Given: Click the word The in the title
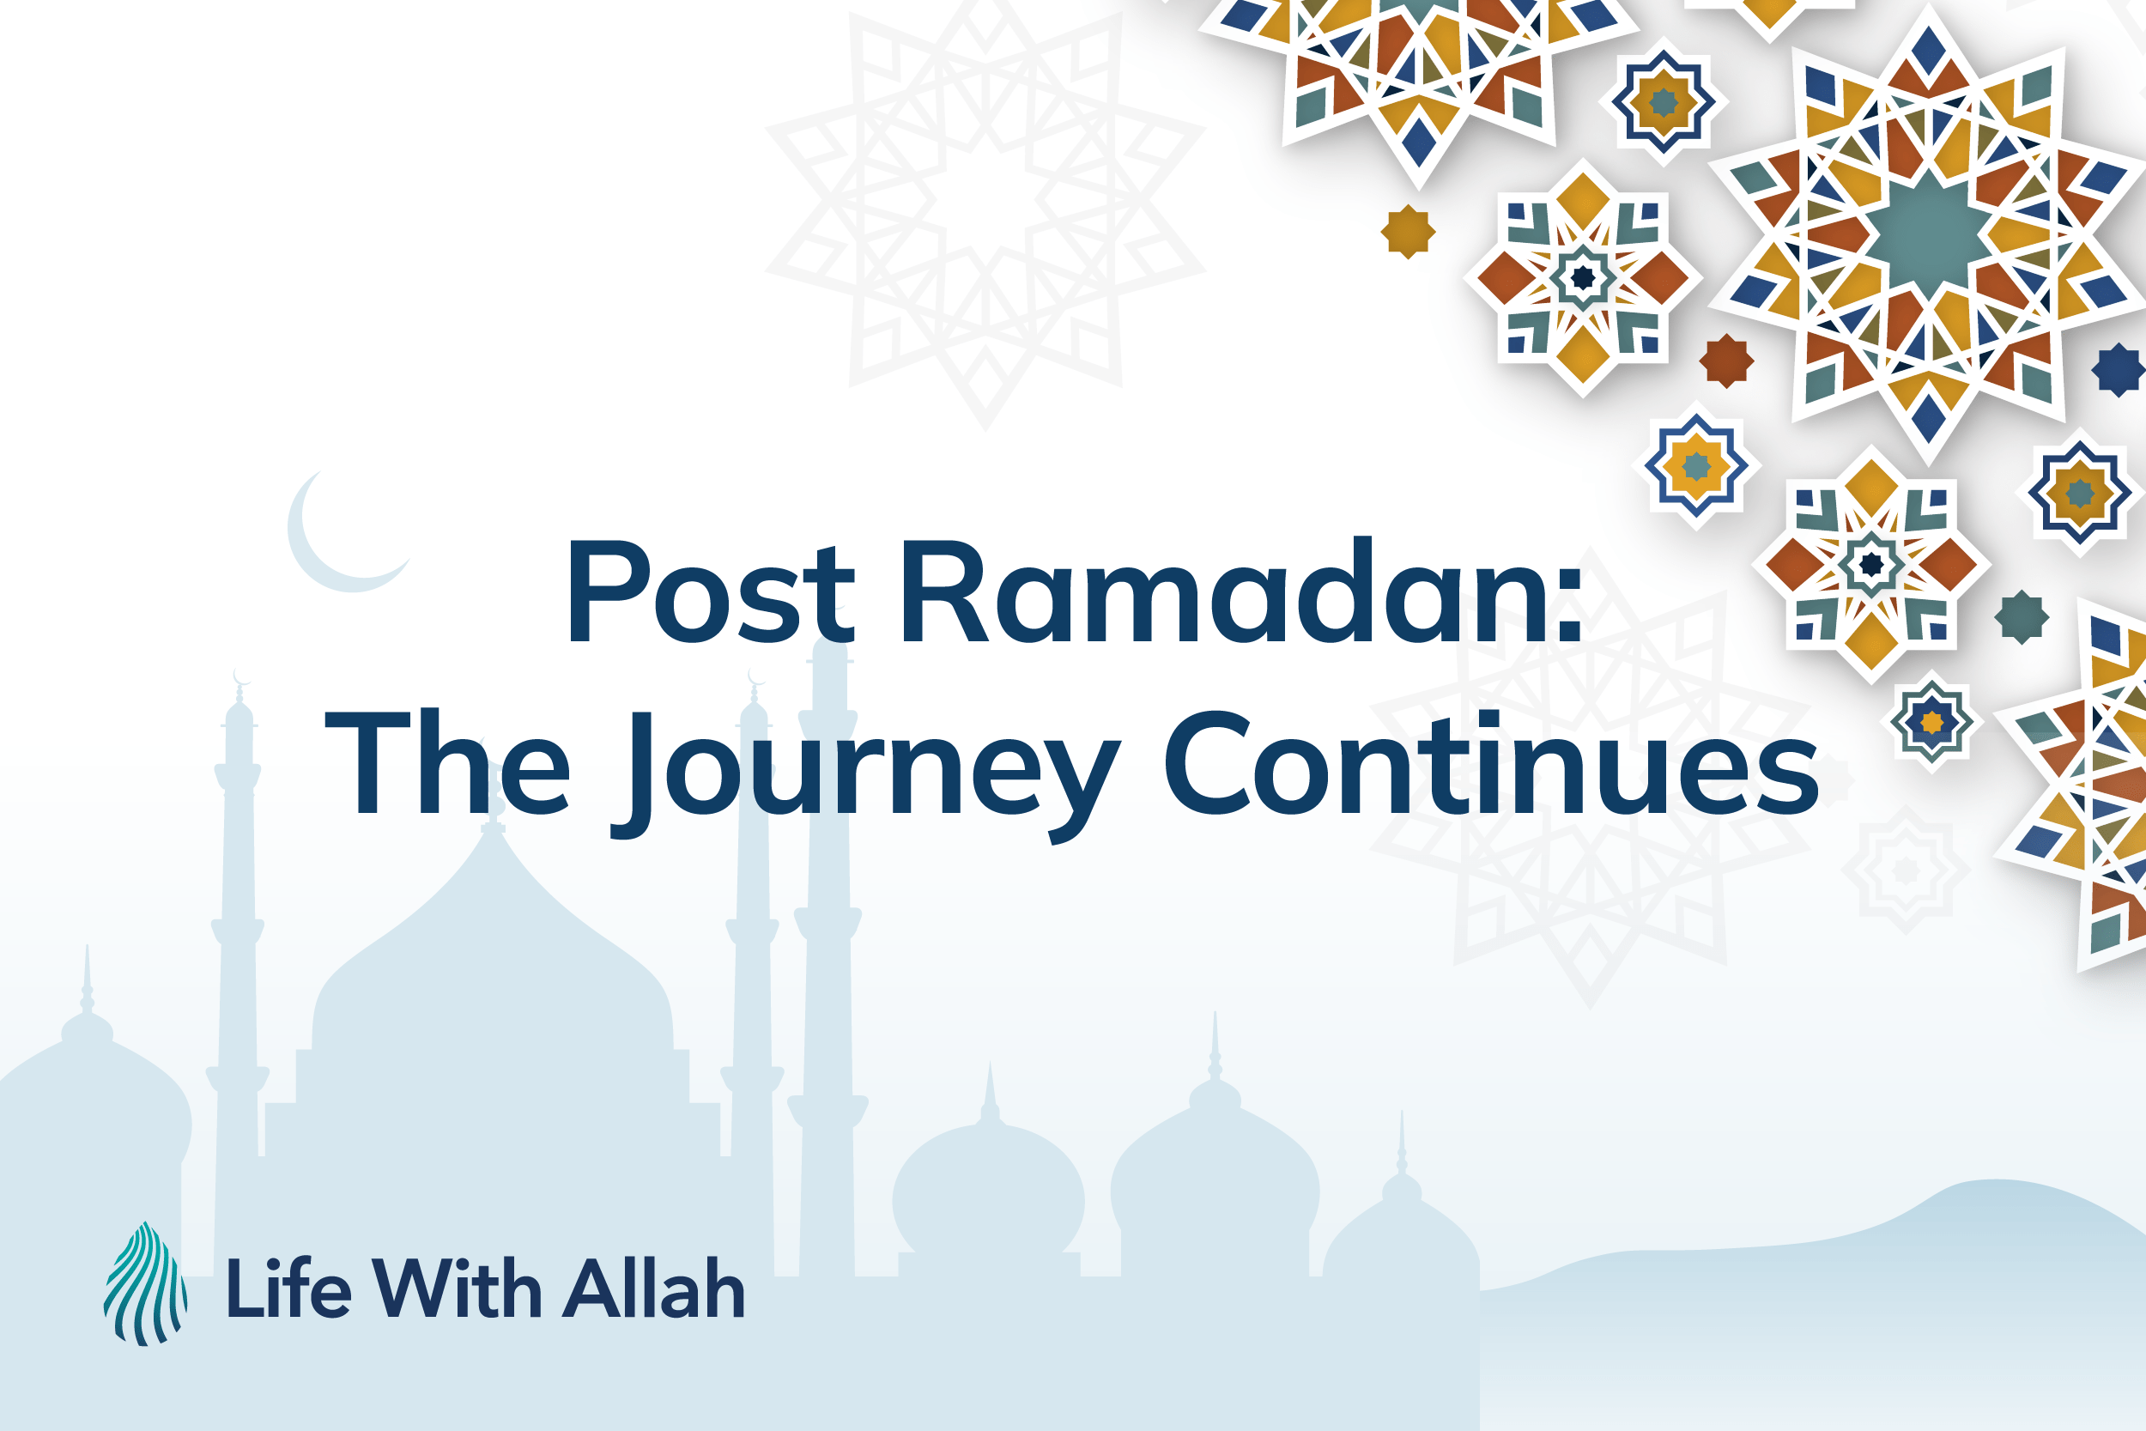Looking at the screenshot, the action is click(x=448, y=762).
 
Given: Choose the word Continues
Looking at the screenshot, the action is click(x=1492, y=762).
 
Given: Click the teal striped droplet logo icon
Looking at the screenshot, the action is click(x=145, y=1284).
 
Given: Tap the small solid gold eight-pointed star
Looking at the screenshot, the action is click(x=1408, y=232).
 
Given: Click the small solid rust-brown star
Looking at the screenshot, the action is click(x=1726, y=361).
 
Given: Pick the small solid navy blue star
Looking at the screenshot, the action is click(x=2117, y=369).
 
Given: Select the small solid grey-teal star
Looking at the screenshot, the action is click(x=2022, y=617).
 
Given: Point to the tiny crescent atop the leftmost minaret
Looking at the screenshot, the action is click(x=241, y=676).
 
